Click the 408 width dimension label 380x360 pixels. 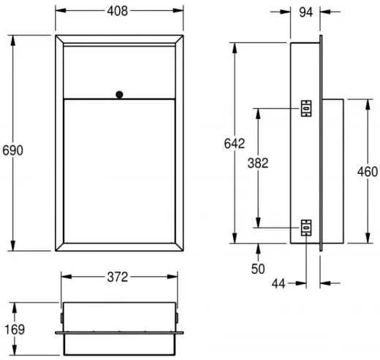tap(118, 11)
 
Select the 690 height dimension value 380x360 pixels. tap(12, 150)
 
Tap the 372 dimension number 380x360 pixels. tap(118, 277)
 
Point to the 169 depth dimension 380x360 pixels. tap(15, 329)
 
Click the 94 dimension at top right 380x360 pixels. tap(305, 12)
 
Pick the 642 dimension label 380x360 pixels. tap(235, 144)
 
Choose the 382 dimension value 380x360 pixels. tap(258, 163)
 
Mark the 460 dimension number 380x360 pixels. tap(368, 172)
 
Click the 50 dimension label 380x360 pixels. tap(258, 269)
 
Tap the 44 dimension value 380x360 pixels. tap(278, 283)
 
